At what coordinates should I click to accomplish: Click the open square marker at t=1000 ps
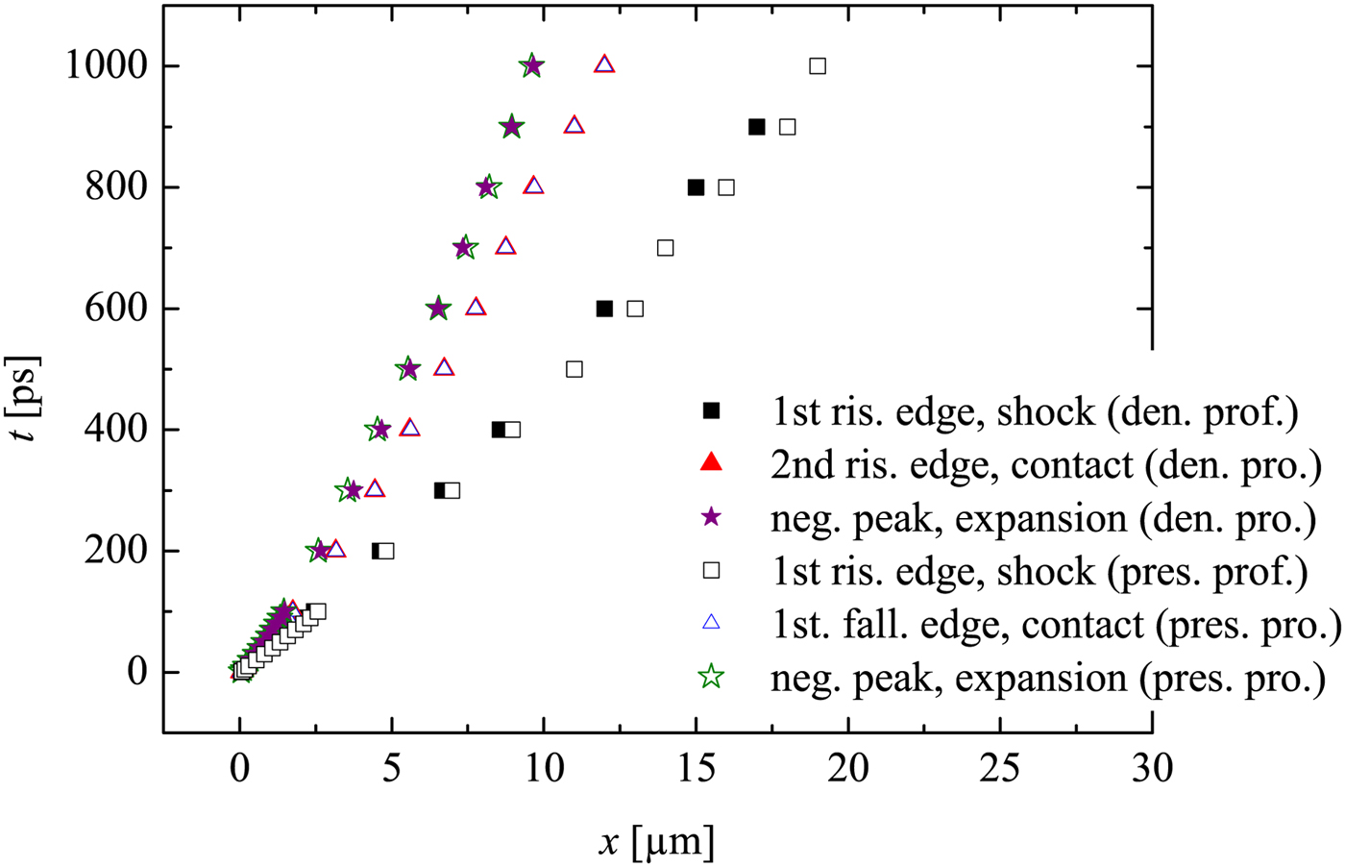point(818,66)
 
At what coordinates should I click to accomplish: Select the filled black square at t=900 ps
point(756,127)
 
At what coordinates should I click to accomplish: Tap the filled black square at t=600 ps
point(604,309)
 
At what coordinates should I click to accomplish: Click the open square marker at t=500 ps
point(575,369)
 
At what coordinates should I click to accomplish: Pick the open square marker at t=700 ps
point(665,248)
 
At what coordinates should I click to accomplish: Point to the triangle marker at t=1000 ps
point(604,64)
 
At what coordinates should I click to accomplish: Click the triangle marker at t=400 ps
point(410,428)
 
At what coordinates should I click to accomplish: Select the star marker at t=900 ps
point(512,127)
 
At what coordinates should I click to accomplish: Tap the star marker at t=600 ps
point(438,309)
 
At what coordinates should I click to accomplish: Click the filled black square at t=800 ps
point(696,187)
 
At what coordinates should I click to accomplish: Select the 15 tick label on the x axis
point(696,768)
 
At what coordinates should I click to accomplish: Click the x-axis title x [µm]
point(657,842)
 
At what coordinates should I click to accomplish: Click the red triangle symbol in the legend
point(711,463)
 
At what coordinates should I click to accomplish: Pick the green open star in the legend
point(711,677)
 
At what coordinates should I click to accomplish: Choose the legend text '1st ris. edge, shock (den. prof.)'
point(1035,411)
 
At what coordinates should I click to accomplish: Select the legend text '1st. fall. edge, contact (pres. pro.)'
point(1056,625)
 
